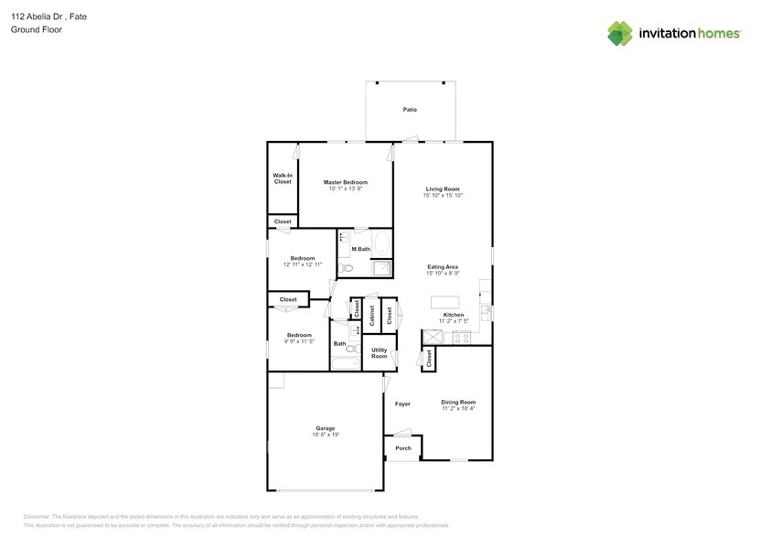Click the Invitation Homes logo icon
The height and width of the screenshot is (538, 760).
(x=620, y=33)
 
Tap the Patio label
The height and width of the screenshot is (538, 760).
(x=410, y=110)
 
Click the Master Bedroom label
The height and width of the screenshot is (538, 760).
(x=346, y=182)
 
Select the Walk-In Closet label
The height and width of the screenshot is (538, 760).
(x=283, y=178)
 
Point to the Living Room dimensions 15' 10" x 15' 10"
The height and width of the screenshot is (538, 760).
(x=443, y=196)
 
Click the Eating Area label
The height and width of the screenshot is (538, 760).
(x=443, y=266)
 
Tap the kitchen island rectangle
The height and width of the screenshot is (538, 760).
(x=445, y=302)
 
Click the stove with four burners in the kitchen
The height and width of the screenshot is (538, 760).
(x=460, y=337)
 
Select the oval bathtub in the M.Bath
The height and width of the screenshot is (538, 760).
(x=381, y=245)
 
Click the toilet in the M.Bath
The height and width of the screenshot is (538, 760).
(x=344, y=268)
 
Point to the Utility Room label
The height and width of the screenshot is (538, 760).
(x=379, y=353)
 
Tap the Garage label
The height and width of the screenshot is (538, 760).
(x=325, y=428)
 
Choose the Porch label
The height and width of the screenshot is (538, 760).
(x=402, y=448)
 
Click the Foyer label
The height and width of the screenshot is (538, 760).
(x=402, y=403)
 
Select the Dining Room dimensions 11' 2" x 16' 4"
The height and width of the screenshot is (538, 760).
(x=458, y=408)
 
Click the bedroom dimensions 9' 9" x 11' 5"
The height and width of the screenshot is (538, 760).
(x=299, y=341)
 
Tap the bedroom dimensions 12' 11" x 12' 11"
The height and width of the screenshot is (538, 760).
(x=303, y=264)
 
